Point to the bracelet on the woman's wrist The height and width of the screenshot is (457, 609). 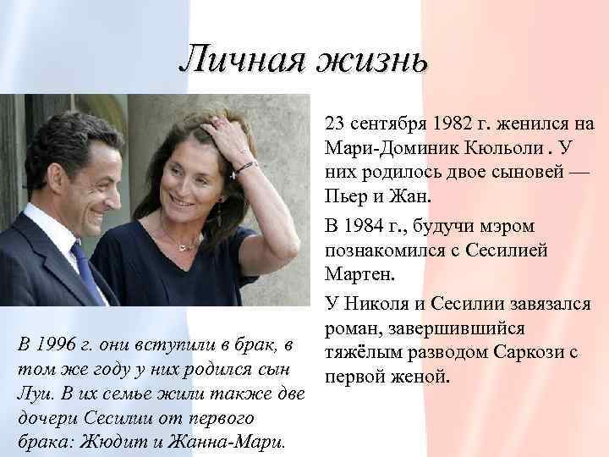tap(245, 167)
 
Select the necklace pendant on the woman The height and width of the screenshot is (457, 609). tap(180, 246)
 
